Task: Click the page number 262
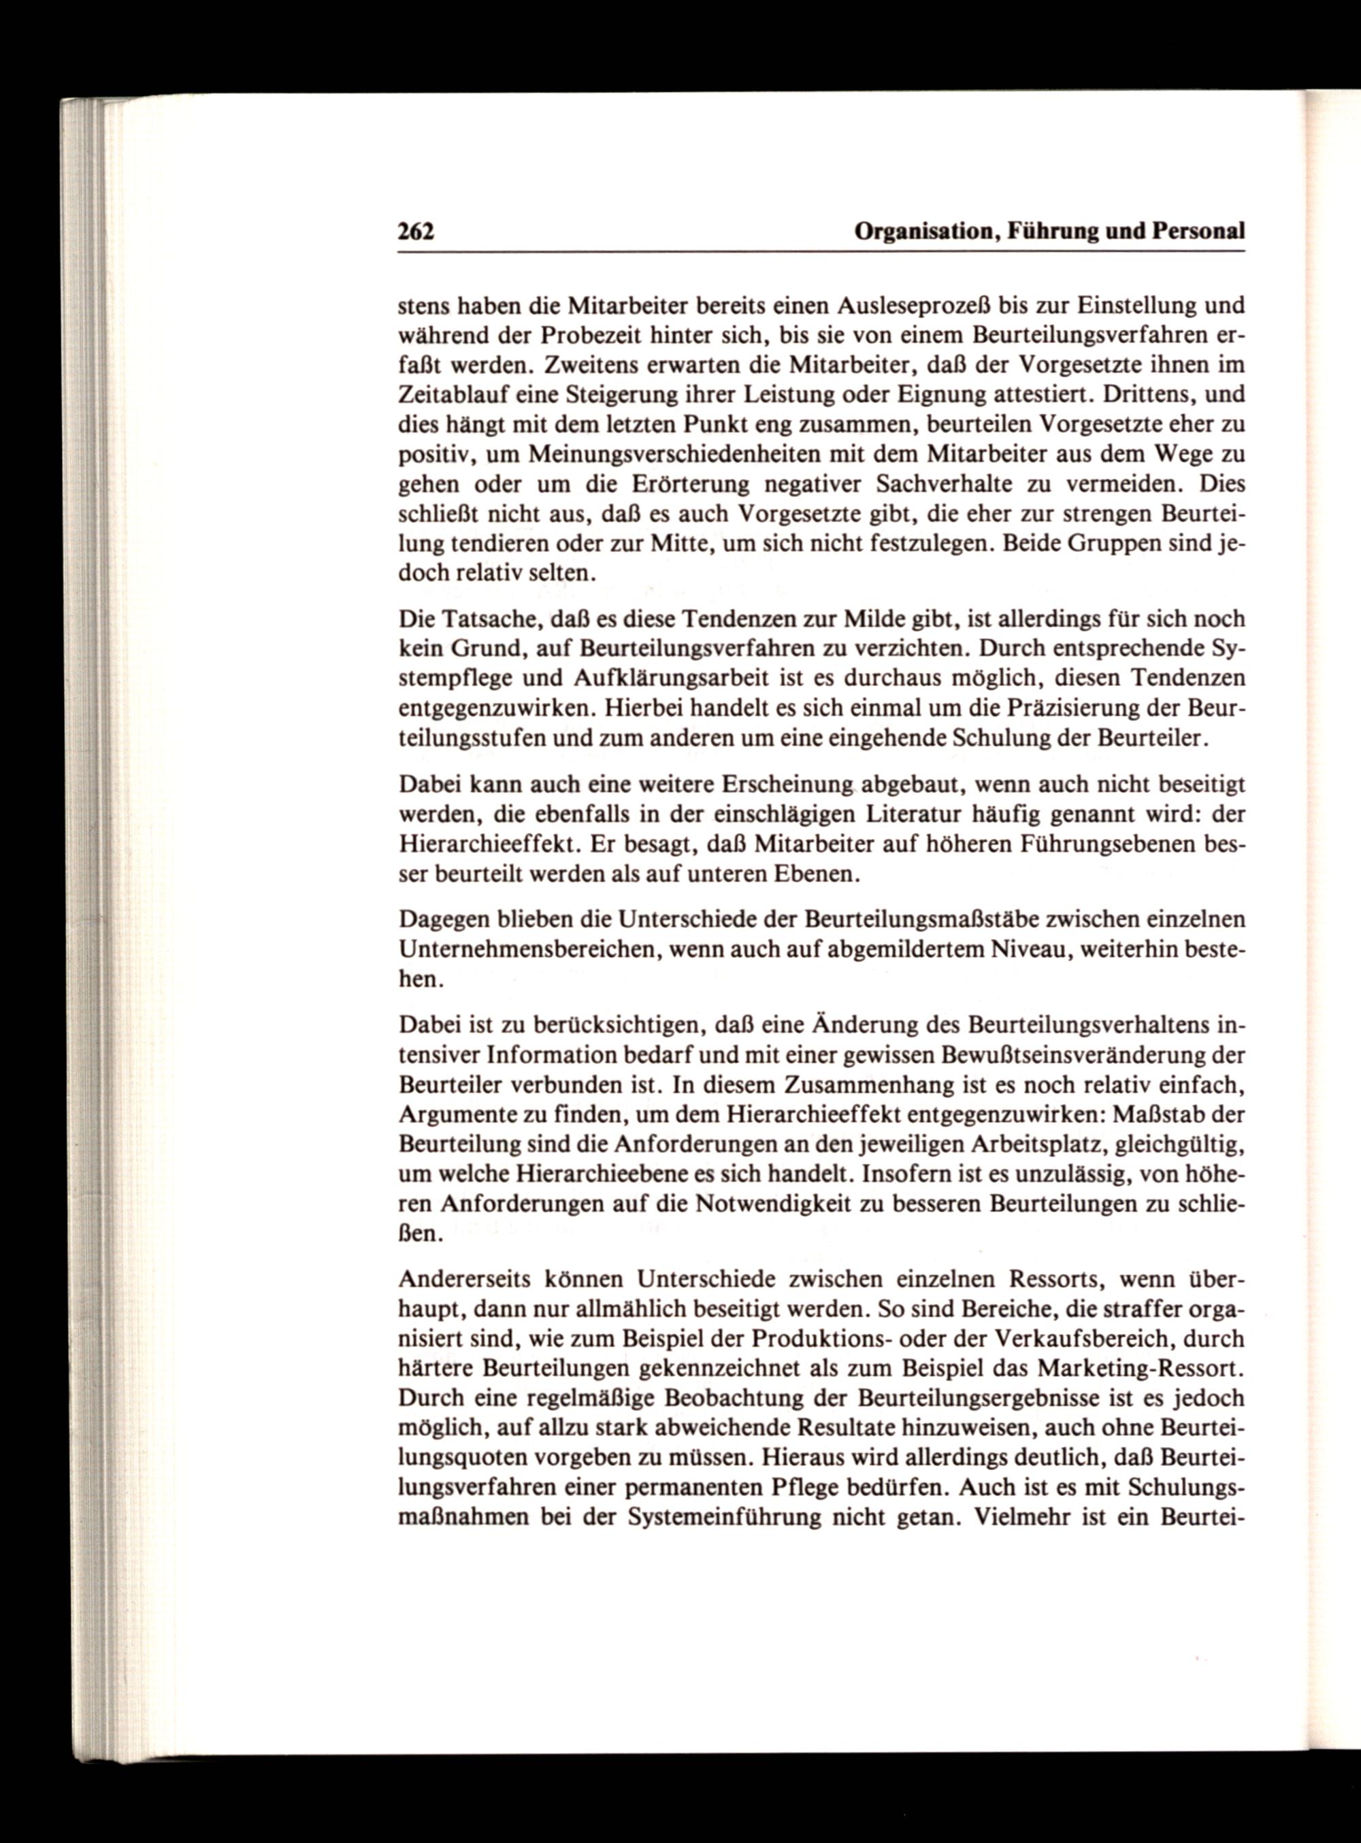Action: tap(416, 232)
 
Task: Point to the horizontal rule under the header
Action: tap(821, 252)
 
